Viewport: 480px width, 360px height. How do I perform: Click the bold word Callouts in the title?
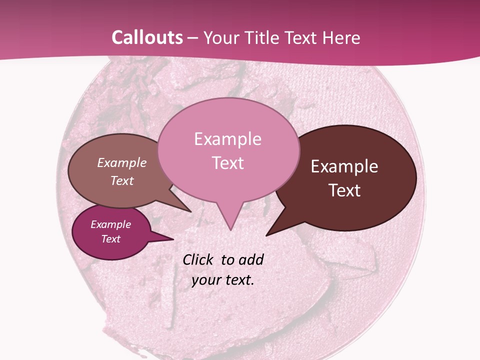click(147, 37)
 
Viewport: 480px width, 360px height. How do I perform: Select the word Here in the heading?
click(341, 37)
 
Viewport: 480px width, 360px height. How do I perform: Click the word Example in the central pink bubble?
click(227, 139)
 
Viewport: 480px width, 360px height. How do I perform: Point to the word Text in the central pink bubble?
click(227, 163)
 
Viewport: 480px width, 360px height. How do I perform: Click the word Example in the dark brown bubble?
click(344, 166)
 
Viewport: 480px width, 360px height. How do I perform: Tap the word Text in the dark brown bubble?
click(344, 190)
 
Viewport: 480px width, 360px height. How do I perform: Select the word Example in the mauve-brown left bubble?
click(122, 163)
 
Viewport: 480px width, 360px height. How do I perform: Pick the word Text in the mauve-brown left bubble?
click(122, 181)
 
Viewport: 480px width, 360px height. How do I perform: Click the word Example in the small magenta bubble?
click(110, 224)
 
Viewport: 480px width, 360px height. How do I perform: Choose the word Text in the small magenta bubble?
click(110, 239)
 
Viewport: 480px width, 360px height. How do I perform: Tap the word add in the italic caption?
click(251, 259)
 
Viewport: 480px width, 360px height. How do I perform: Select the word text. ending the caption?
click(238, 280)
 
